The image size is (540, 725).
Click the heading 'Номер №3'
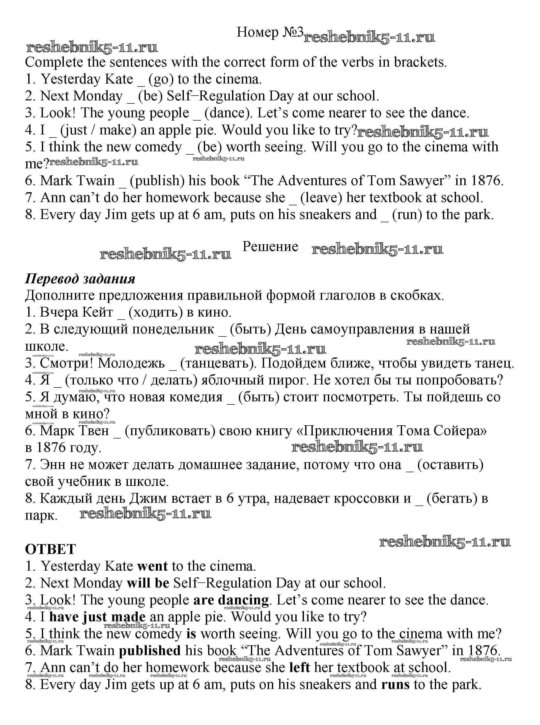pyautogui.click(x=270, y=32)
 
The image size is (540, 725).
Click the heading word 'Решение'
pyautogui.click(x=270, y=246)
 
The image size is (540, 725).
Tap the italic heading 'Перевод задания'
pyautogui.click(x=80, y=278)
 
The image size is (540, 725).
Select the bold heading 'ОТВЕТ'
pyautogui.click(x=50, y=549)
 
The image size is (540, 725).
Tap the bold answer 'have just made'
pyautogui.click(x=97, y=617)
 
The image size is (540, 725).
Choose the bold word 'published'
pyautogui.click(x=150, y=651)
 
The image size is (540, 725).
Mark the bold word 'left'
pyautogui.click(x=299, y=667)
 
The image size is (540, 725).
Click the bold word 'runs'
pyautogui.click(x=395, y=684)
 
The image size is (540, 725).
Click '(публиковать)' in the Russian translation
pyautogui.click(x=170, y=431)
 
